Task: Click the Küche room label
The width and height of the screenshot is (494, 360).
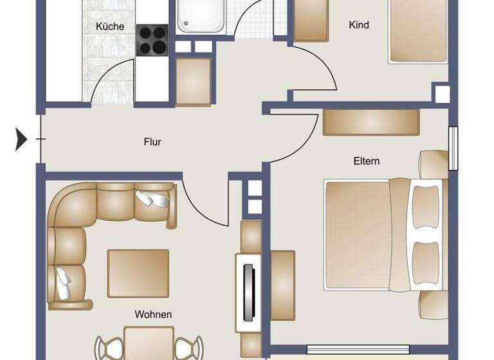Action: click(x=110, y=26)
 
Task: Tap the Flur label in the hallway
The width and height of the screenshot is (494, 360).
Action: click(x=152, y=142)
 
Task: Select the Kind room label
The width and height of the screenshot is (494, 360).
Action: click(x=359, y=25)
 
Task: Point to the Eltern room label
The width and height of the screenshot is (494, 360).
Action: click(x=366, y=161)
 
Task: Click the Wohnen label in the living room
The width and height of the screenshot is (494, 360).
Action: click(x=153, y=314)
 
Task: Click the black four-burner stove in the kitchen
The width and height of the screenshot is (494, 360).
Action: click(x=152, y=40)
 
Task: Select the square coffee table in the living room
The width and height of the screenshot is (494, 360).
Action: click(x=138, y=273)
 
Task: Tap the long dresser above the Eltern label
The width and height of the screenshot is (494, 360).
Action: click(x=371, y=122)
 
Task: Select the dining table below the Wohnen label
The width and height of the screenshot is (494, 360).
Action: click(x=149, y=343)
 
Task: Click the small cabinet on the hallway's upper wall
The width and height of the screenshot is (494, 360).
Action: click(x=194, y=81)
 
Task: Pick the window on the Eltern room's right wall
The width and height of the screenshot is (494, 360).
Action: click(x=453, y=148)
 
